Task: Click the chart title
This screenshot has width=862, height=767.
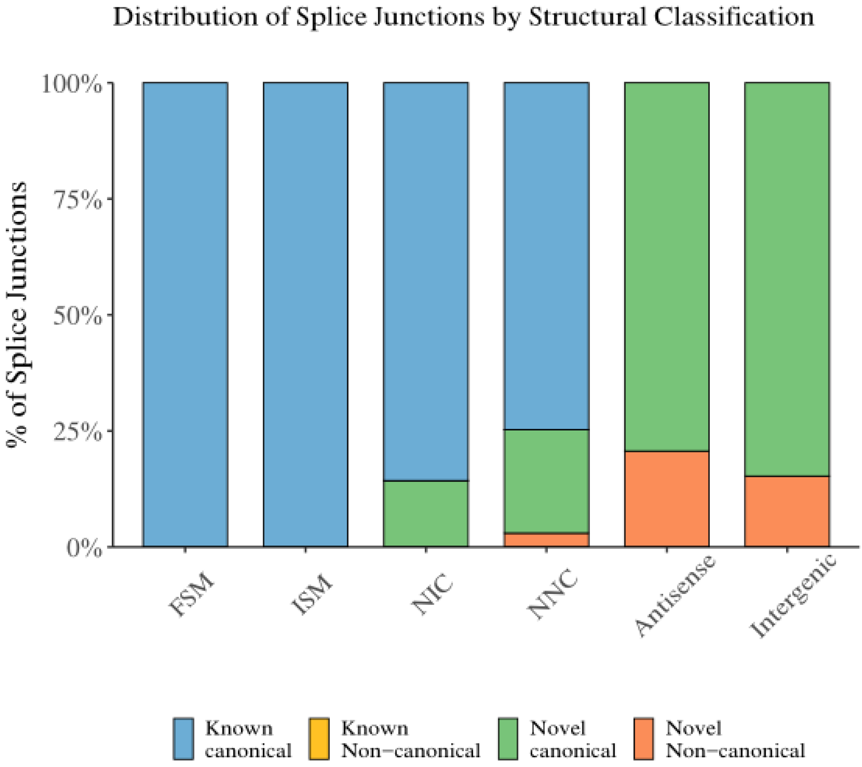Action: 463,18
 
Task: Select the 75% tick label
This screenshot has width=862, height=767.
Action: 78,201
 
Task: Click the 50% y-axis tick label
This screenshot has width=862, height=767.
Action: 78,317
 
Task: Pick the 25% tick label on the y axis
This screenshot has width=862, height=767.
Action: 78,433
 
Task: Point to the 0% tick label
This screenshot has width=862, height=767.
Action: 84,549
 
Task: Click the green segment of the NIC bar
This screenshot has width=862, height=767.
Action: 426,513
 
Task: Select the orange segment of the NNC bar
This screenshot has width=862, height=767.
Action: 547,540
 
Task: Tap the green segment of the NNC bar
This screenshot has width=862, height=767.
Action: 547,481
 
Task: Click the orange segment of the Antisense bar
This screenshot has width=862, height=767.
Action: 667,499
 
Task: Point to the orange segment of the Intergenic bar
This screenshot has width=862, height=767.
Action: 787,511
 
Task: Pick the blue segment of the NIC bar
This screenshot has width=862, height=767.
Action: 426,282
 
